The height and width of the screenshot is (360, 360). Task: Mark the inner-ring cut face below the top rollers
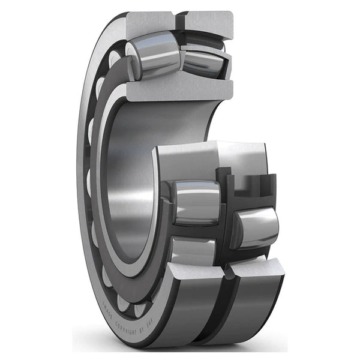click(x=180, y=91)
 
